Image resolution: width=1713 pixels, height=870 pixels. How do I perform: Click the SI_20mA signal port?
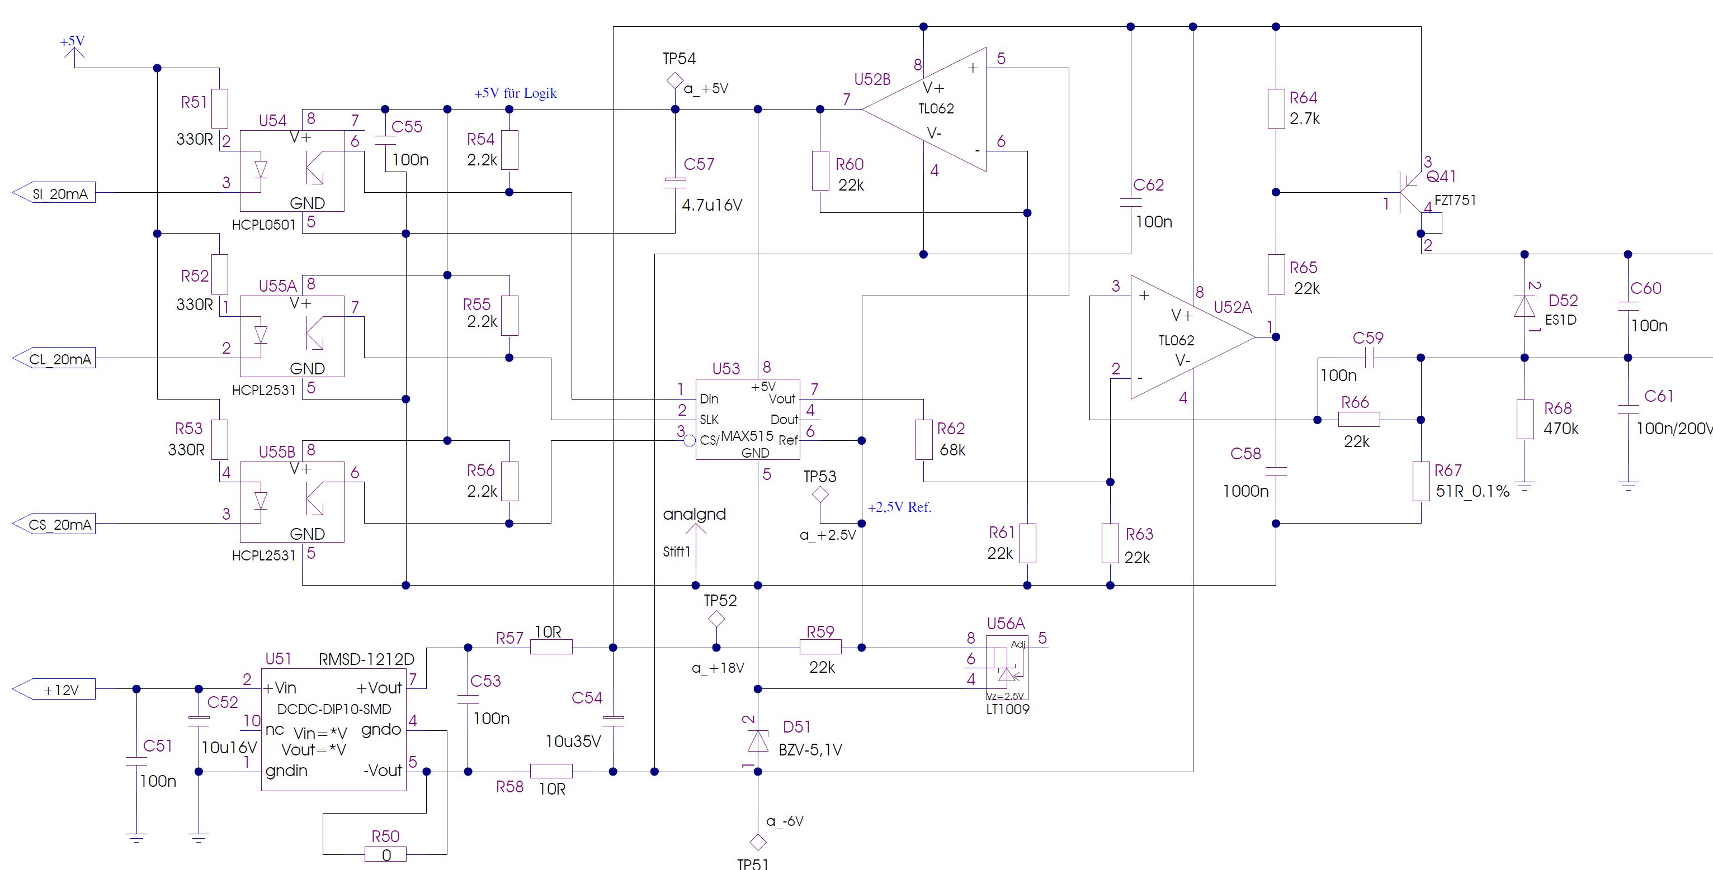[54, 193]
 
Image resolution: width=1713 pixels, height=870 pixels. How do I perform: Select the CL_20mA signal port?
[54, 359]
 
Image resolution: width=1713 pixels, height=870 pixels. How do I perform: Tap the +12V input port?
[54, 689]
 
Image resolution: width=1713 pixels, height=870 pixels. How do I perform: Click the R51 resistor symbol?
[219, 108]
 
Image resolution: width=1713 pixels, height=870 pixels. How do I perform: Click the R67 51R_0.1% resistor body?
[1421, 481]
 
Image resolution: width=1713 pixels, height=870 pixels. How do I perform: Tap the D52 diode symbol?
[1525, 306]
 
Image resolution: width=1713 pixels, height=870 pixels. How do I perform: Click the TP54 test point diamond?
[675, 81]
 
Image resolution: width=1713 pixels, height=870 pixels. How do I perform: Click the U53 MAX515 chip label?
[747, 436]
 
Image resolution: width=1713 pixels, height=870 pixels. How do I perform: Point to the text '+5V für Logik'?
[516, 93]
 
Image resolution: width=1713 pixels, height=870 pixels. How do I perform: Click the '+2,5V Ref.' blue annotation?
[900, 507]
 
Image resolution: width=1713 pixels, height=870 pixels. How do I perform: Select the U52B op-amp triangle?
[924, 110]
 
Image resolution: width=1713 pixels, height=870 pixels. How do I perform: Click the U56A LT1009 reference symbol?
[1007, 668]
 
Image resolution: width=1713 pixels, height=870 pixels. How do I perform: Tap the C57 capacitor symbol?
[675, 182]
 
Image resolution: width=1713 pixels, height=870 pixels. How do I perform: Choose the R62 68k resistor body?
[924, 439]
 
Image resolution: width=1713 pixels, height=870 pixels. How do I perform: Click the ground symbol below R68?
[1525, 486]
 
